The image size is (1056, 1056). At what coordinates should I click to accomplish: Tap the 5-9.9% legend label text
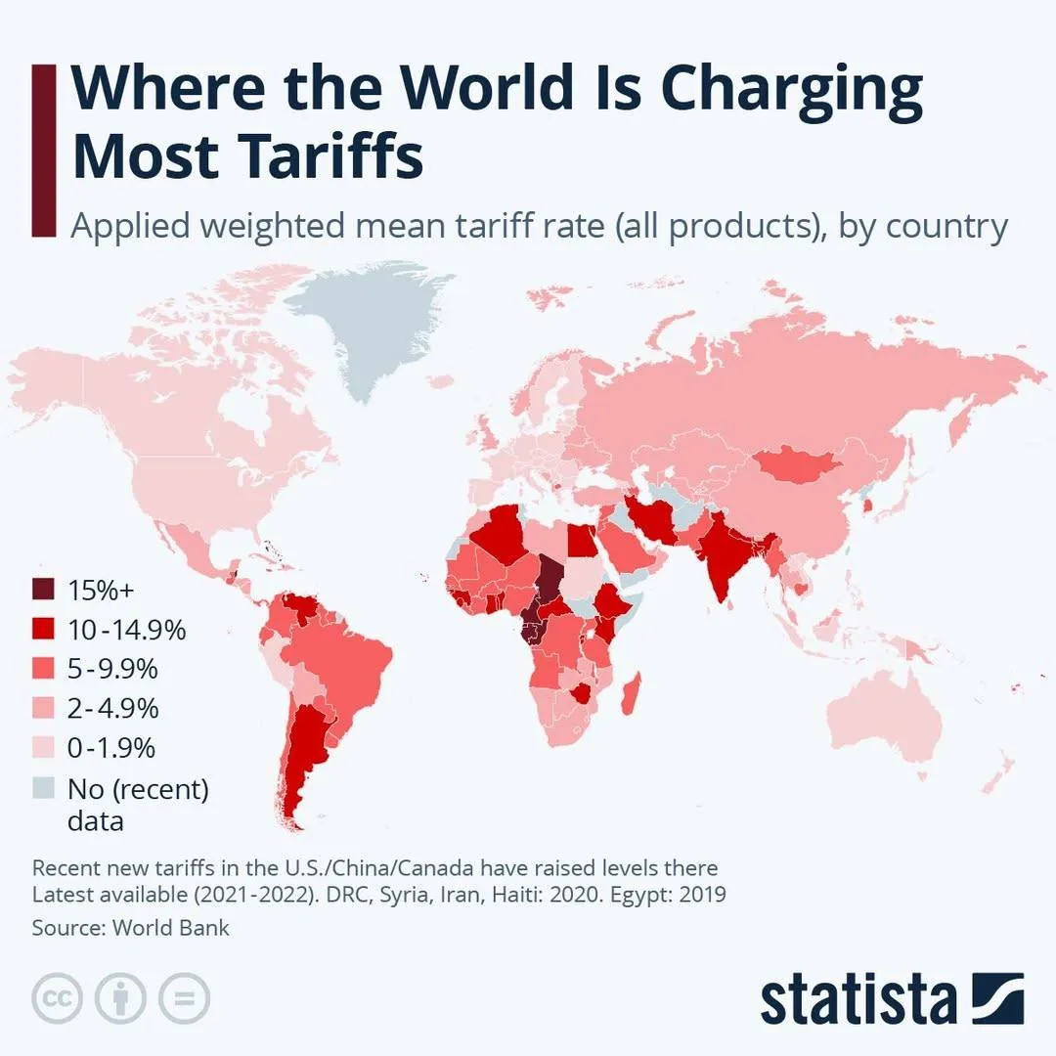pyautogui.click(x=112, y=670)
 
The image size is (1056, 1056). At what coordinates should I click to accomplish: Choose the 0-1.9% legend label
pyautogui.click(x=111, y=748)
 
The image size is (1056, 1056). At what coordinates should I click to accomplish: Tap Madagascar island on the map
pyautogui.click(x=633, y=690)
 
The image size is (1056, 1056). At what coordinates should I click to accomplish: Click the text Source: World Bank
pyautogui.click(x=131, y=928)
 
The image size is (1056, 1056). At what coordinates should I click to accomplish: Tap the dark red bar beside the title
pyautogui.click(x=43, y=149)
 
